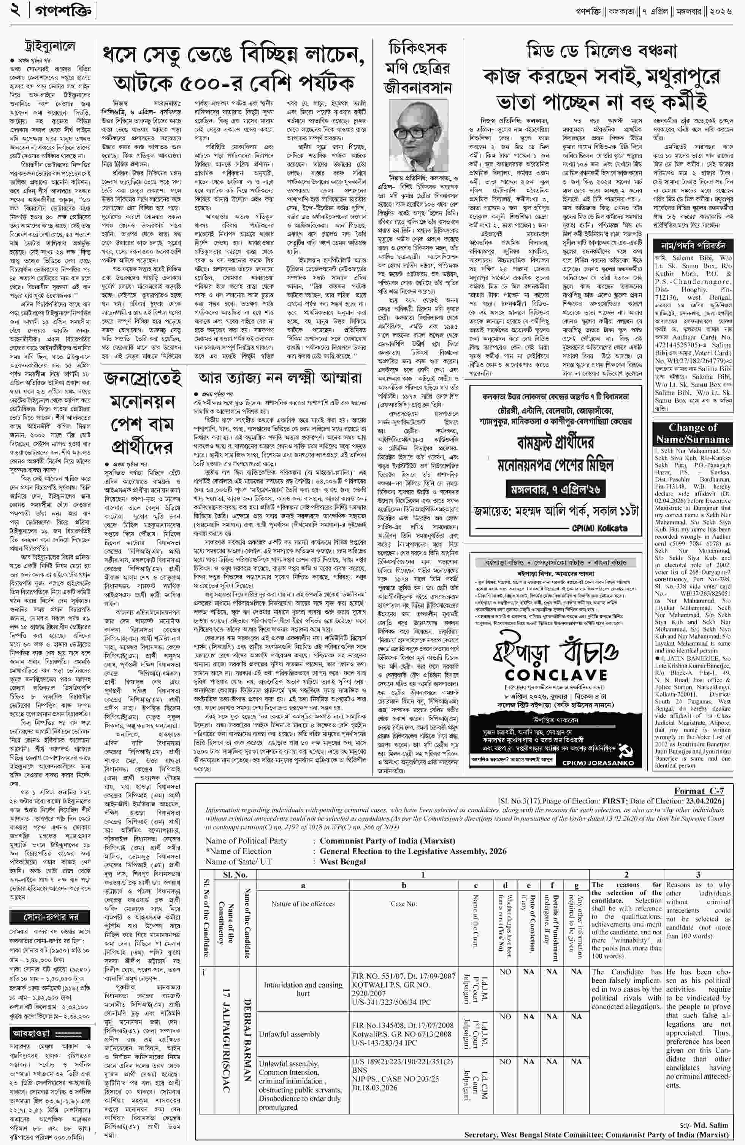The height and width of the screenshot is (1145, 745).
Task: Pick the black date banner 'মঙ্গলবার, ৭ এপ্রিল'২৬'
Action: (x=556, y=489)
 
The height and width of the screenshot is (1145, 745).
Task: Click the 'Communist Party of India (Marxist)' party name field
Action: (x=387, y=840)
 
